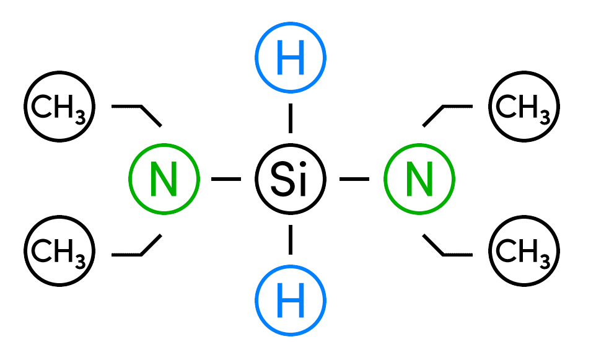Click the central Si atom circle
(290, 180)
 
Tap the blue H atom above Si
(290, 59)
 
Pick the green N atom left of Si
(164, 180)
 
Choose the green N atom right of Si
(419, 180)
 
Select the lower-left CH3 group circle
(59, 250)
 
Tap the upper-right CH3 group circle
(524, 107)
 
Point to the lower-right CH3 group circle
(524, 250)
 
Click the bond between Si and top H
(290, 118)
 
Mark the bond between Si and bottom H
(290, 240)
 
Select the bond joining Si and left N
(226, 180)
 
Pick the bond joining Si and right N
(354, 180)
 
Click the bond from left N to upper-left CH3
(151, 115)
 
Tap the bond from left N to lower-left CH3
(151, 245)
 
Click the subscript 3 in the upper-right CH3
(543, 115)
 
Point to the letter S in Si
(281, 180)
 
